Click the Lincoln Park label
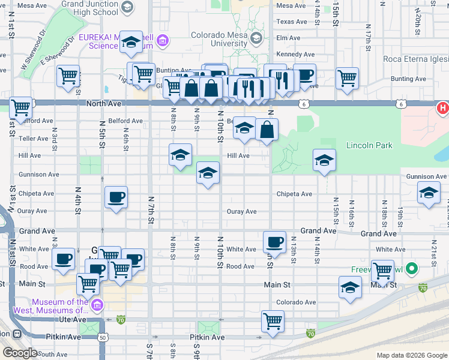click(x=369, y=145)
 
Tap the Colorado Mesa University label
click(x=219, y=39)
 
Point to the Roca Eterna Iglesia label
click(x=409, y=59)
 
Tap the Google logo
click(x=20, y=353)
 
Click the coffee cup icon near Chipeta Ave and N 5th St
click(x=116, y=197)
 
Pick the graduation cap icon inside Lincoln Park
click(x=324, y=160)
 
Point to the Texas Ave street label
click(x=292, y=22)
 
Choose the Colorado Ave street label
click(x=295, y=302)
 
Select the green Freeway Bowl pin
click(x=411, y=268)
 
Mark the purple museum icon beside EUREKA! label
click(x=163, y=41)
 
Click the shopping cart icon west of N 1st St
click(x=21, y=108)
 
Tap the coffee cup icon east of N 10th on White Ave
click(x=274, y=241)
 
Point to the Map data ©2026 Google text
click(x=411, y=355)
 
